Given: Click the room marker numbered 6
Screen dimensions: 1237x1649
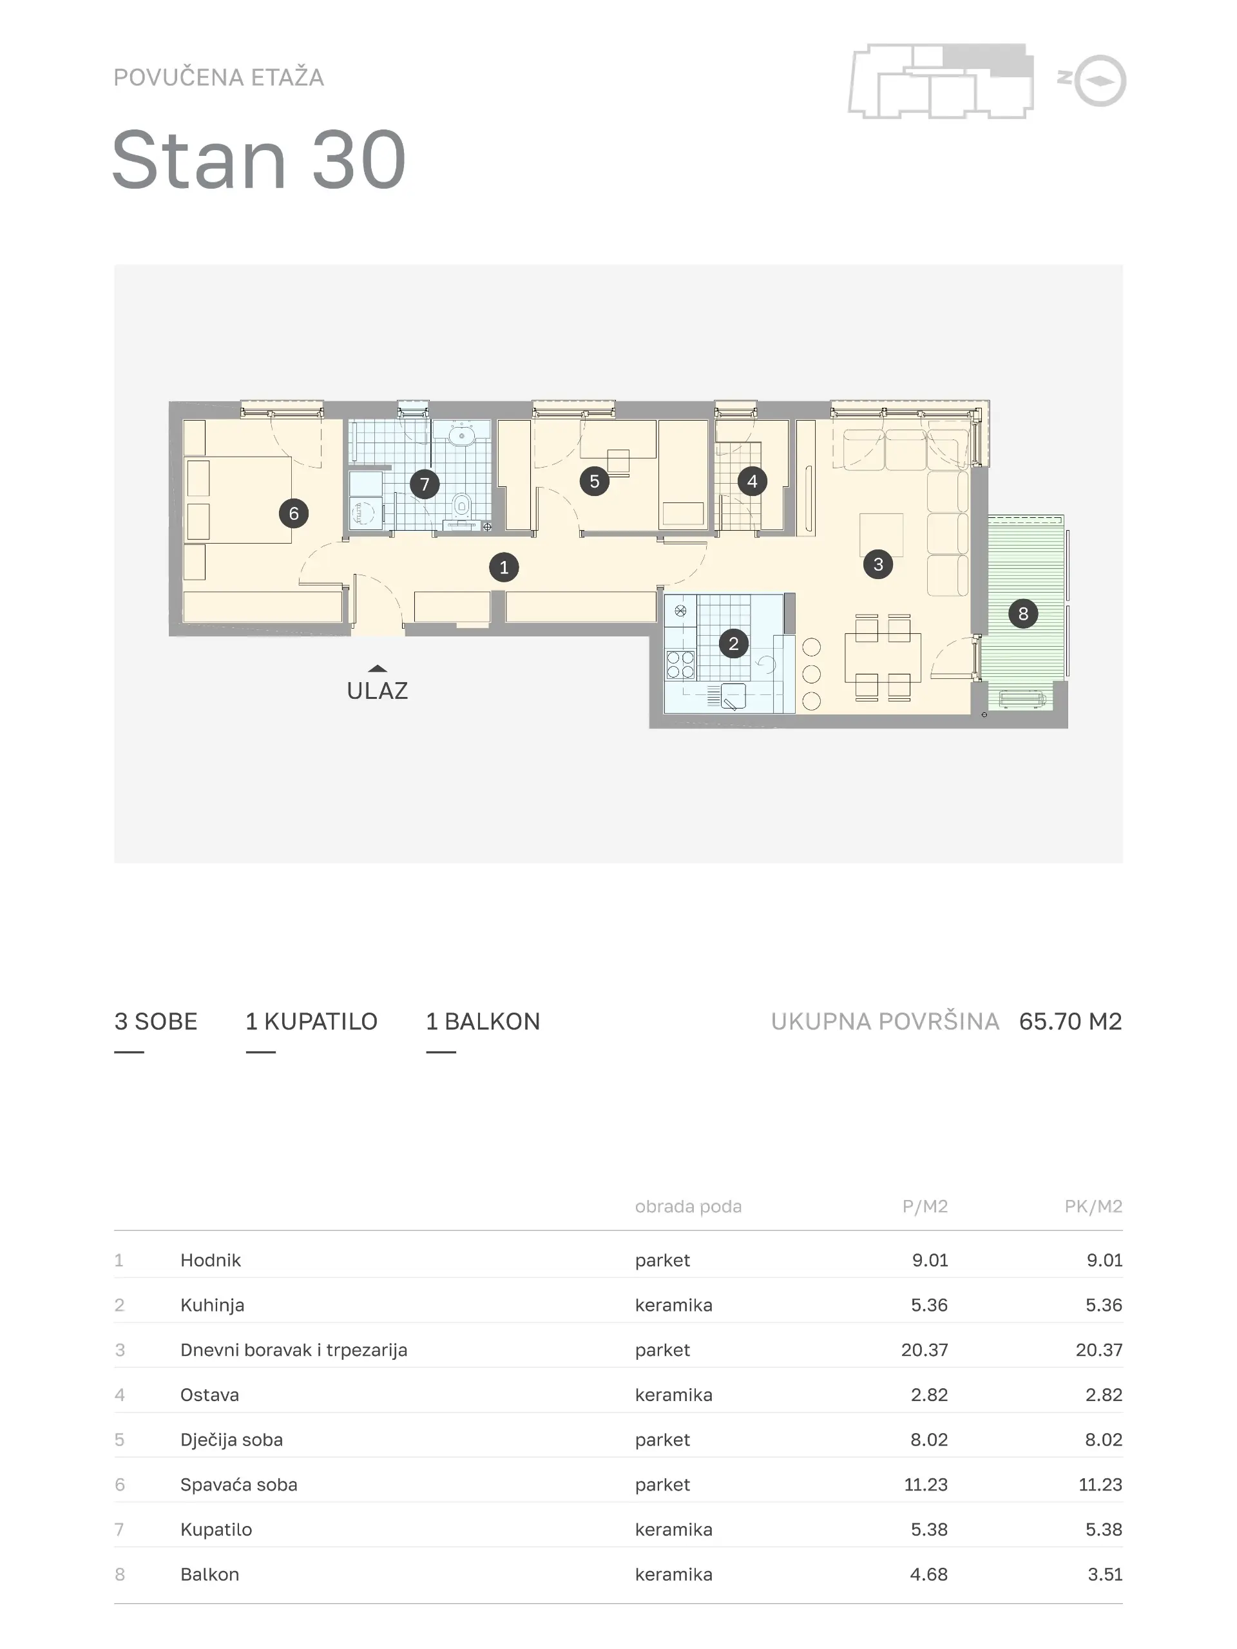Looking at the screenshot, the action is (x=294, y=513).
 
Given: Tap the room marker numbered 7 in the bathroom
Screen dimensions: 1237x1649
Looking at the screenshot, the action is (x=425, y=484).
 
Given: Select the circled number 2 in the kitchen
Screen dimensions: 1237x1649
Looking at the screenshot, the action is (x=734, y=643).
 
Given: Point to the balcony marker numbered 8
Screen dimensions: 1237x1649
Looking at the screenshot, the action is (x=1023, y=613).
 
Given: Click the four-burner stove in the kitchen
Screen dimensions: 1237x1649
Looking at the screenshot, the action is (x=681, y=664).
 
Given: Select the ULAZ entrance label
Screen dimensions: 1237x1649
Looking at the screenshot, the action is (x=378, y=691).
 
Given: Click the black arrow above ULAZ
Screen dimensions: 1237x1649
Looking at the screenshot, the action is (x=378, y=669).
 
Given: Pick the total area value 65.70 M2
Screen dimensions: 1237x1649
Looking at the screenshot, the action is (x=1070, y=1022).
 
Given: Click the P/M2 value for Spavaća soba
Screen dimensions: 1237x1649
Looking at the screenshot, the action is (x=925, y=1484).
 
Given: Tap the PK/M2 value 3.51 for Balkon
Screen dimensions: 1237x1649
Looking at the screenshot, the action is (x=1104, y=1574).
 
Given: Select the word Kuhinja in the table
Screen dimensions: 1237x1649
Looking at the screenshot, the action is (x=213, y=1305).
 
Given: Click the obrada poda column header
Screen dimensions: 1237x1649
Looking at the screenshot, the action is (x=688, y=1206).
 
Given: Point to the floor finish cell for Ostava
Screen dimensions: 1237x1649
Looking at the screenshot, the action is (x=673, y=1395).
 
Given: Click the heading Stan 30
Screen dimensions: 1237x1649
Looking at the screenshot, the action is (x=260, y=160).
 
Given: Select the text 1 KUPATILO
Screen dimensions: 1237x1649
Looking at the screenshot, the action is (x=312, y=1022).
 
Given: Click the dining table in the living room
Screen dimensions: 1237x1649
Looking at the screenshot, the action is (x=883, y=658).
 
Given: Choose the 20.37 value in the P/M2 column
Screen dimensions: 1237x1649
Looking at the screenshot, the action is (x=925, y=1350).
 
